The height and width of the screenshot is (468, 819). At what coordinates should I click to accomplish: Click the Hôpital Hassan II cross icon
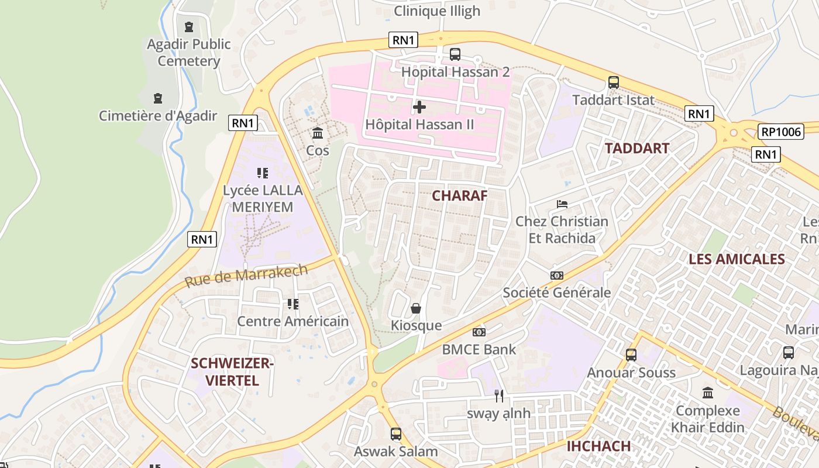click(419, 107)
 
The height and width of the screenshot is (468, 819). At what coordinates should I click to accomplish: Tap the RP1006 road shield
click(781, 132)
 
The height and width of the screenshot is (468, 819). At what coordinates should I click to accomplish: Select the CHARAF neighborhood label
click(459, 196)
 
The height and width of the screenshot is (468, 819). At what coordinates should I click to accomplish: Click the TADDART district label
click(637, 149)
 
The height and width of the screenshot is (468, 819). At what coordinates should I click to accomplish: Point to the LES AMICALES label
click(736, 259)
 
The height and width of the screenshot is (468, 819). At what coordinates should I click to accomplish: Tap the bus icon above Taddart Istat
click(614, 82)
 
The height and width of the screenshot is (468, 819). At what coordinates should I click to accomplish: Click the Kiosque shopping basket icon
click(416, 308)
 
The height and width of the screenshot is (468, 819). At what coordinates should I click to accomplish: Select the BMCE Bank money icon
click(479, 332)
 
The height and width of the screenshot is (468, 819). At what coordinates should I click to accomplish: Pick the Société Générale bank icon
click(557, 276)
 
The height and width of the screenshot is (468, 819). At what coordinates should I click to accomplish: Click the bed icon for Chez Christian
click(562, 204)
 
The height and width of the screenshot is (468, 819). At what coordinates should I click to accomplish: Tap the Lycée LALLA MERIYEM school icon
click(263, 173)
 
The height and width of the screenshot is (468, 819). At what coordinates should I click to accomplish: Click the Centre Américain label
click(292, 321)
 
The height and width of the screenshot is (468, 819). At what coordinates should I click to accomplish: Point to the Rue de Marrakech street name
click(246, 276)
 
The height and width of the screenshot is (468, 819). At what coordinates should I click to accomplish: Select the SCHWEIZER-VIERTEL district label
click(232, 372)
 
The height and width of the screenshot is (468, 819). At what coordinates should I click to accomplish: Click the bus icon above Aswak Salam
click(396, 434)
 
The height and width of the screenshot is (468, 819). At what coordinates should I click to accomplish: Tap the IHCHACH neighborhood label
click(598, 446)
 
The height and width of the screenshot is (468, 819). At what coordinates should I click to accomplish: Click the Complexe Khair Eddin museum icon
click(708, 393)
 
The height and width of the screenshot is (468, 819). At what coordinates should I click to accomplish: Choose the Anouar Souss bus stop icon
click(631, 355)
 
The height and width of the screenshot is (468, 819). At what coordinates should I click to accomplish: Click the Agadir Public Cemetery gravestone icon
click(189, 27)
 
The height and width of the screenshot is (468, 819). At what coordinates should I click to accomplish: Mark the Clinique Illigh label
click(437, 11)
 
